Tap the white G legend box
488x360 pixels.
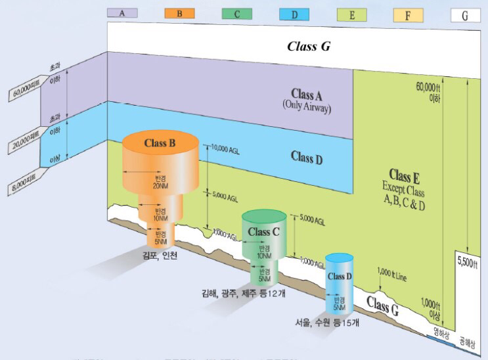(465, 13)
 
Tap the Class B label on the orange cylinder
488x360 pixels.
(160, 143)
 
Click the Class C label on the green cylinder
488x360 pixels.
(263, 231)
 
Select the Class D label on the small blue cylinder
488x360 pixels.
(340, 276)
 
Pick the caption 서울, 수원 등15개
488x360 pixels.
(326, 323)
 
